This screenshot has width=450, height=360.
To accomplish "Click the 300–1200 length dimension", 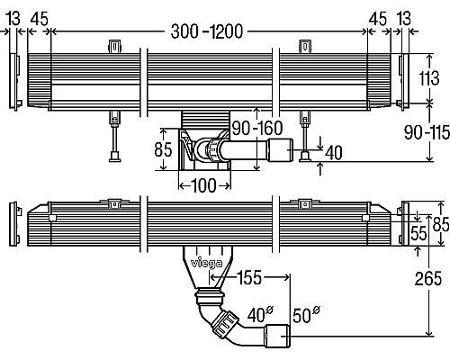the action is pyautogui.click(x=207, y=31).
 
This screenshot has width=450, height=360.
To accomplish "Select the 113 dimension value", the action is pyautogui.click(x=429, y=78).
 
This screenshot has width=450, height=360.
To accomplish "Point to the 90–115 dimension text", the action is pyautogui.click(x=427, y=132).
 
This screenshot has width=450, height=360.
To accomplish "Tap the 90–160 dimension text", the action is pyautogui.click(x=257, y=128).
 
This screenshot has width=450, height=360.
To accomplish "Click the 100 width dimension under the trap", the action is pyautogui.click(x=203, y=185).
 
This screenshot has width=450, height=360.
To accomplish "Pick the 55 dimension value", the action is pyautogui.click(x=418, y=233).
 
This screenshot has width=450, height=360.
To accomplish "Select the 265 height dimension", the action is pyautogui.click(x=428, y=278).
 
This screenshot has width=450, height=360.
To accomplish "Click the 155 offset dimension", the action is pyautogui.click(x=249, y=277).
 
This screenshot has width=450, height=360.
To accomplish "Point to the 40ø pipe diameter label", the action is pyautogui.click(x=261, y=314).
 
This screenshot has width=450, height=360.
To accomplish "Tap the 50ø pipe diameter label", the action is pyautogui.click(x=306, y=314).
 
